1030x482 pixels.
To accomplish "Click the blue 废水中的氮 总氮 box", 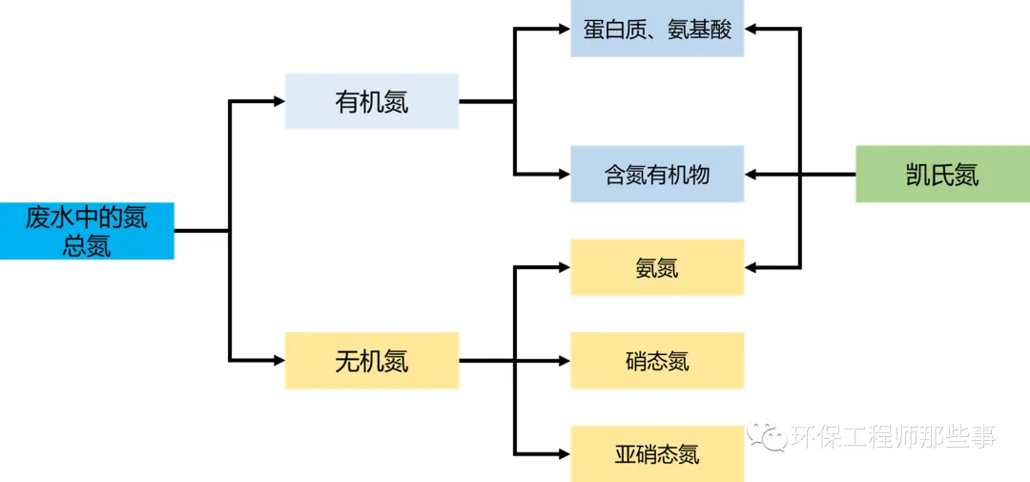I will [87, 230].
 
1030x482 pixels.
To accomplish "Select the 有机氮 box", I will [372, 101].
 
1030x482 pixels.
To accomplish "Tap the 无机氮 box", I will [372, 361].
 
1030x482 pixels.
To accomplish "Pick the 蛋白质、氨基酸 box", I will [657, 29].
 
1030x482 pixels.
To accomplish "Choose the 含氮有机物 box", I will [657, 174].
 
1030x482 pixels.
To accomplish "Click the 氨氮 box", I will [657, 267].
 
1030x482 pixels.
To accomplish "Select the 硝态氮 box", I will [657, 361].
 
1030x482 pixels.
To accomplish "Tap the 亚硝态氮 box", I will [657, 452].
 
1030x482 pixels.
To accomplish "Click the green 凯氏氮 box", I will [942, 174].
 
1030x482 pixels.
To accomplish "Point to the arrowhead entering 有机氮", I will [278, 101].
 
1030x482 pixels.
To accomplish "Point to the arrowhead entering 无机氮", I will [278, 361].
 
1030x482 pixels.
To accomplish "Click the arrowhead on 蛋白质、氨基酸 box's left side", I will [564, 29].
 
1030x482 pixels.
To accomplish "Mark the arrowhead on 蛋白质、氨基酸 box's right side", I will [752, 29].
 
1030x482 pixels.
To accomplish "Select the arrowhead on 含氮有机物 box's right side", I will [752, 174].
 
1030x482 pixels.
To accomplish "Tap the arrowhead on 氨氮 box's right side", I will [752, 267].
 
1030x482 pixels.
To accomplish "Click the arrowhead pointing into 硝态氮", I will [564, 361].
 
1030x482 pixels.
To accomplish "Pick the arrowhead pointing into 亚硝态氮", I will [564, 452].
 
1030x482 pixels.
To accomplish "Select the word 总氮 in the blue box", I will [87, 245].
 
